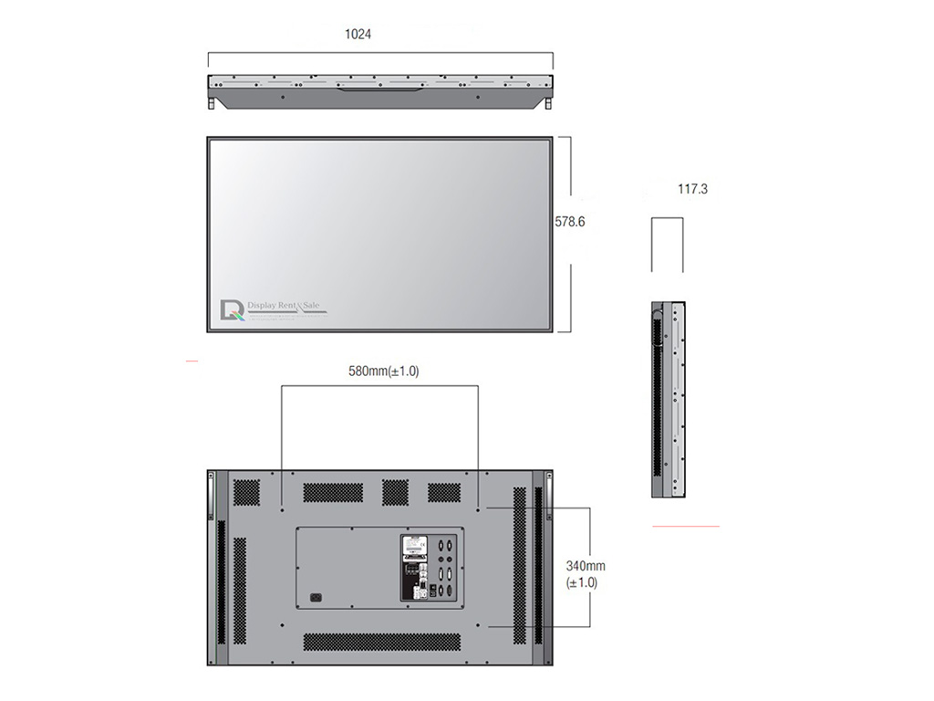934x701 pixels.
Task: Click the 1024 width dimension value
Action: (358, 35)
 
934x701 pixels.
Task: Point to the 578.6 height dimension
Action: (570, 221)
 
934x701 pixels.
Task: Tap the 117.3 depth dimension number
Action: (692, 190)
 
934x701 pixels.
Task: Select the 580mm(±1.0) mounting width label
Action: (384, 371)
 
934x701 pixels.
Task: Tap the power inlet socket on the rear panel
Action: (317, 598)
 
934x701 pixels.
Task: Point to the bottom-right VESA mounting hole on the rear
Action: (490, 626)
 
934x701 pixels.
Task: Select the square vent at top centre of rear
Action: (395, 492)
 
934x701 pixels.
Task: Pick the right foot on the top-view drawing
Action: (548, 104)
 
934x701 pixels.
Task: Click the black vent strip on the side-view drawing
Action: (658, 402)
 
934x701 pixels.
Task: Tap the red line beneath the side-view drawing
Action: (685, 527)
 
